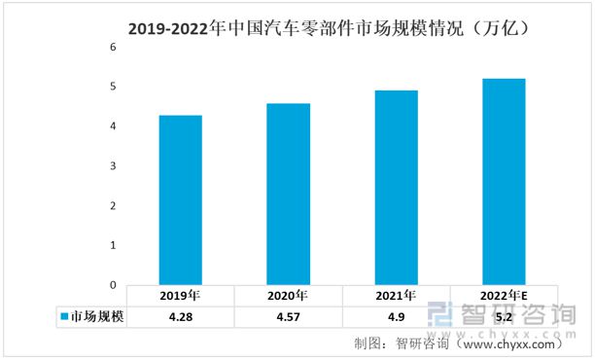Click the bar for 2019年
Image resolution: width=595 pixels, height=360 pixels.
click(x=181, y=200)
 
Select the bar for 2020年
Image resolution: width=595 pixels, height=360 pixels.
click(x=289, y=195)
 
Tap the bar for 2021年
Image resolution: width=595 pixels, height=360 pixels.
click(x=397, y=188)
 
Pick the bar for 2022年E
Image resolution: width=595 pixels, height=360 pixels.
click(x=504, y=182)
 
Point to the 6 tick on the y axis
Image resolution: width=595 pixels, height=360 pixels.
click(x=113, y=47)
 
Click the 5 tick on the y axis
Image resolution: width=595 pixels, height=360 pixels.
click(x=113, y=87)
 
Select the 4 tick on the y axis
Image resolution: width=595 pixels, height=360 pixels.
click(x=113, y=126)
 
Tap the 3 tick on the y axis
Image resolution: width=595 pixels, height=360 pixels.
click(x=113, y=166)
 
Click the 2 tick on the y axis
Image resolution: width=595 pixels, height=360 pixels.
click(x=113, y=206)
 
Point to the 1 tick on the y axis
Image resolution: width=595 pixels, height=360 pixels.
click(x=113, y=246)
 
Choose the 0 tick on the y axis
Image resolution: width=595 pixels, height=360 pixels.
click(x=113, y=285)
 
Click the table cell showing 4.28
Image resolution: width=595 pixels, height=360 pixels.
click(x=181, y=317)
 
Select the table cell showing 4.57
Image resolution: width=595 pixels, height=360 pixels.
click(x=289, y=317)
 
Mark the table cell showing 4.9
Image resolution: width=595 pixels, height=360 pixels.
click(x=397, y=317)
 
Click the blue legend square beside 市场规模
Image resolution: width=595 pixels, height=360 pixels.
click(x=63, y=317)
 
